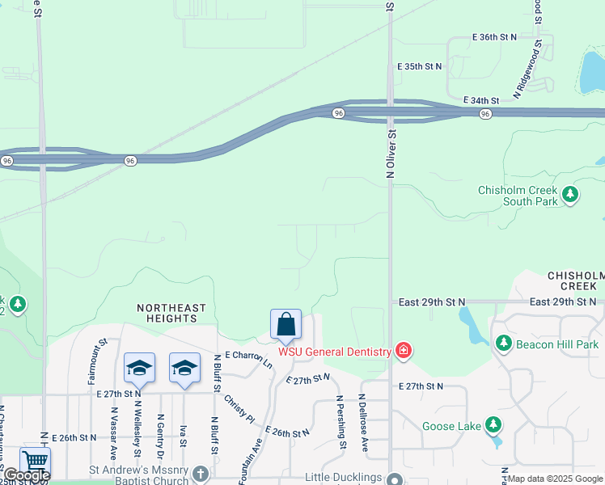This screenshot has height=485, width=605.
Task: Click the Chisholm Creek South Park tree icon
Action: coord(571,194)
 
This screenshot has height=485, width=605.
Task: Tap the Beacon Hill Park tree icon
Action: coord(503,344)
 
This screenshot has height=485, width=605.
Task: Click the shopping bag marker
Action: coord(286,325)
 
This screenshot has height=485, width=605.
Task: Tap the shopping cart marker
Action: coord(35,462)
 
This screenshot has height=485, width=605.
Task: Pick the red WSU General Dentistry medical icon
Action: coord(403,351)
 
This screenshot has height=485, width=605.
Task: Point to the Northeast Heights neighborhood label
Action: coord(171,314)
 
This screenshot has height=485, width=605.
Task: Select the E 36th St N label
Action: coord(494,37)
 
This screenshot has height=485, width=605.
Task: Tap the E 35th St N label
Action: coord(421,66)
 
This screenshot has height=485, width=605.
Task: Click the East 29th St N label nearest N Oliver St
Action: coord(432,302)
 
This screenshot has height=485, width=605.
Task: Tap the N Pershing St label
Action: coord(343,423)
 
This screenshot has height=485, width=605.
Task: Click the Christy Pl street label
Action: coord(239,410)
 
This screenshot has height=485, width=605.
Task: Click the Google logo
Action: coord(26,475)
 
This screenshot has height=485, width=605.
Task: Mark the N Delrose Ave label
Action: coord(364,423)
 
